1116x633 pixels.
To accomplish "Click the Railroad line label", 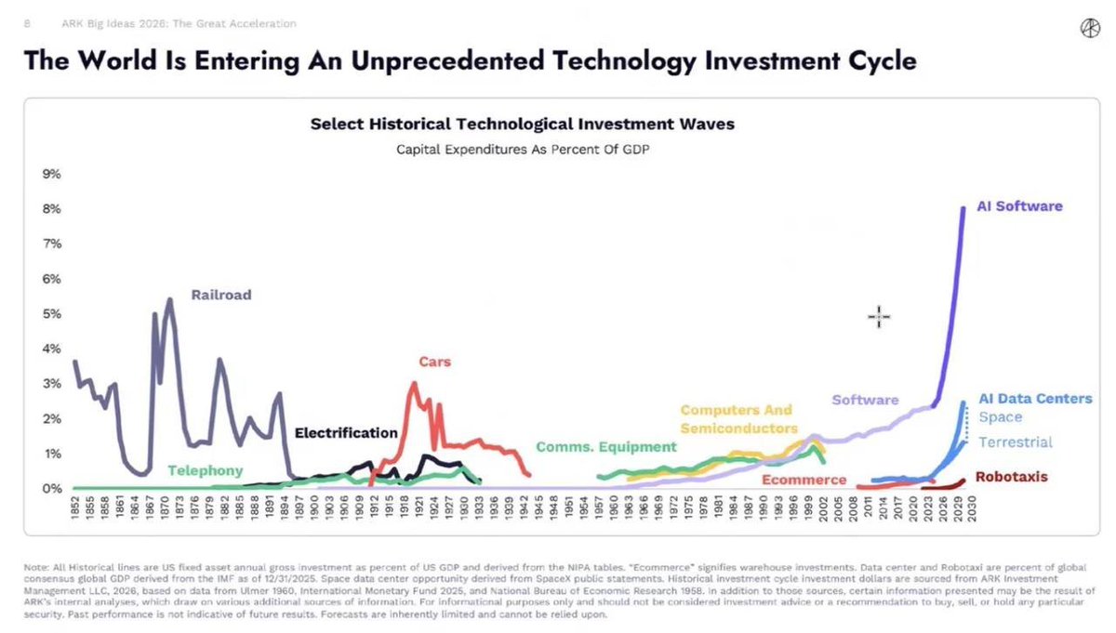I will point(221,296).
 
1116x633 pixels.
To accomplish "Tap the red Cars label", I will point(434,362).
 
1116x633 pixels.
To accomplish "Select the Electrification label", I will point(346,433).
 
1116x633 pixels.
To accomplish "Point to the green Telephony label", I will point(205,470).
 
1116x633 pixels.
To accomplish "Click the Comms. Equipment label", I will point(605,447).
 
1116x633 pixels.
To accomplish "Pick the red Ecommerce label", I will point(804,480).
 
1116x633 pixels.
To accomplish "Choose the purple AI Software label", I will point(1019,206).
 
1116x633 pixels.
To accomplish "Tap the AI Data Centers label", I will point(1035,399).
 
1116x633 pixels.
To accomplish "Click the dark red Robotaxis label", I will point(1012,477).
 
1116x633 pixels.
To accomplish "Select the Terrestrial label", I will point(1016,442).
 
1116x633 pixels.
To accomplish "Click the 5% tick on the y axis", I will point(52,314).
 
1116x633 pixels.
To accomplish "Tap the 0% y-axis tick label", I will point(52,489).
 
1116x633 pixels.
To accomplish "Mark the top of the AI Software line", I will point(963,207).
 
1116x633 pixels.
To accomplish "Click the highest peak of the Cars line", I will point(413,383).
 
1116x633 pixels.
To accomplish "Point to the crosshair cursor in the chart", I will point(879,317).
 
